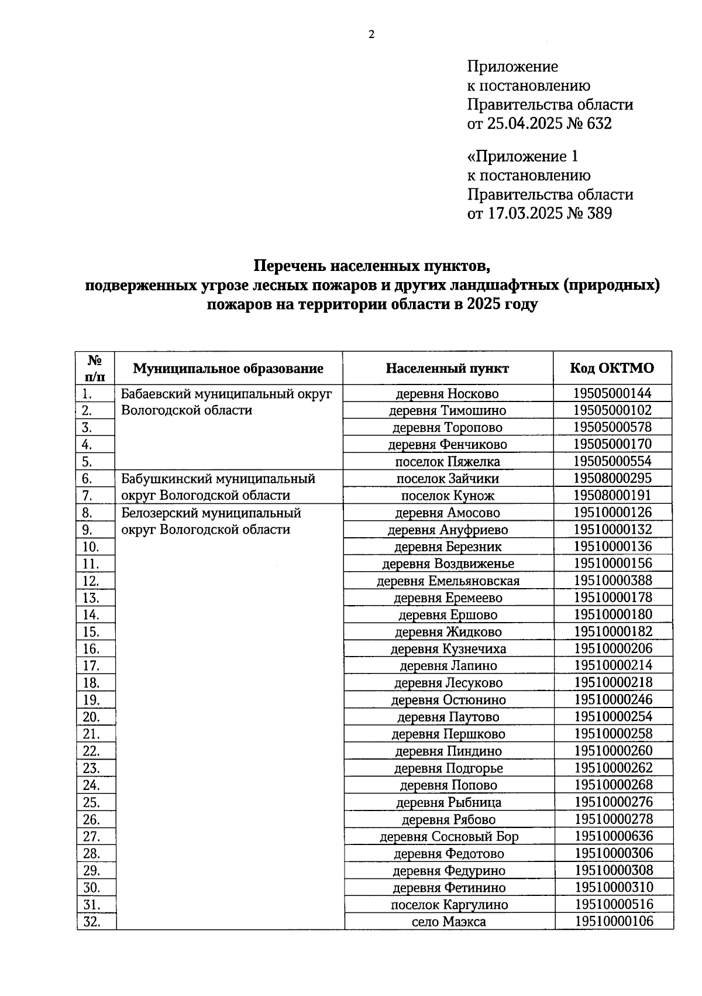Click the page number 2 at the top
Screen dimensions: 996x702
(x=371, y=35)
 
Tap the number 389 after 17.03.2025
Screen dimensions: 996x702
(x=598, y=214)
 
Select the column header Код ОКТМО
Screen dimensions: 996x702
(x=612, y=368)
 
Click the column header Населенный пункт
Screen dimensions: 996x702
(x=448, y=368)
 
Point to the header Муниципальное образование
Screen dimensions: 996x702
(x=228, y=368)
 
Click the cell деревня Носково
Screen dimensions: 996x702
(x=448, y=394)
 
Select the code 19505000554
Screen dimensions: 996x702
(x=612, y=461)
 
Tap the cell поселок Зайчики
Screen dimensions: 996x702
(x=448, y=479)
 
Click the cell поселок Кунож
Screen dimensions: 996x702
(x=448, y=496)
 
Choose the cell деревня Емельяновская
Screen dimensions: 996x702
(x=448, y=581)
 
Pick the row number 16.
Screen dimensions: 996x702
(x=91, y=649)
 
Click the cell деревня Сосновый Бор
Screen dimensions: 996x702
(x=449, y=836)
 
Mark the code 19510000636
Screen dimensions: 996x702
(x=614, y=836)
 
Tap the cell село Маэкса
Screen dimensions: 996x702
(x=449, y=922)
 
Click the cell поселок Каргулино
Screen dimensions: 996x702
(x=449, y=905)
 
